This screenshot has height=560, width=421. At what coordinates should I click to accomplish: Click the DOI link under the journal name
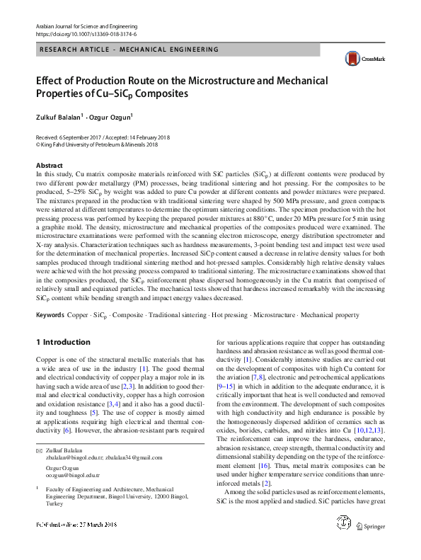coord(86,33)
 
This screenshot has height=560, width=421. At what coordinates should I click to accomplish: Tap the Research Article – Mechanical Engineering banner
coord(120,50)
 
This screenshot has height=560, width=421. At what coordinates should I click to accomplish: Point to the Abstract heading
coord(49,164)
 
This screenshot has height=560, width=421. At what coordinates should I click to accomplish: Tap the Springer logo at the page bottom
coord(370,546)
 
